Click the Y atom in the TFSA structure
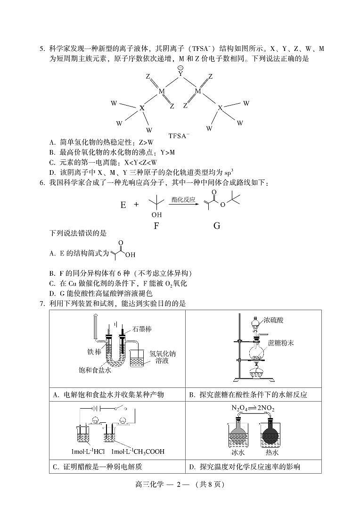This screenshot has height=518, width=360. [x=180, y=74]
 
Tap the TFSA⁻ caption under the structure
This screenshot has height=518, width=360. [x=180, y=136]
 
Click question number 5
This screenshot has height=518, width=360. [x=42, y=49]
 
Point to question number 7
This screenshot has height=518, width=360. [x=42, y=304]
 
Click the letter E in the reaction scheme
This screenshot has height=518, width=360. [x=123, y=205]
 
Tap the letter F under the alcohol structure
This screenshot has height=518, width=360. [x=156, y=225]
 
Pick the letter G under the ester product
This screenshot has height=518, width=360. [x=217, y=225]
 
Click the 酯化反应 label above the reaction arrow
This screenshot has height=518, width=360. [x=183, y=199]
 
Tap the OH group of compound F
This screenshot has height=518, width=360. [x=156, y=215]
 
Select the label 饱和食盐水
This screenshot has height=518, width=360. [x=95, y=370]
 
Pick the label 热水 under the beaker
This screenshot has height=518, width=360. [x=272, y=452]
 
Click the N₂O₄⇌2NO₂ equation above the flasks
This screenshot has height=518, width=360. [x=253, y=408]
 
